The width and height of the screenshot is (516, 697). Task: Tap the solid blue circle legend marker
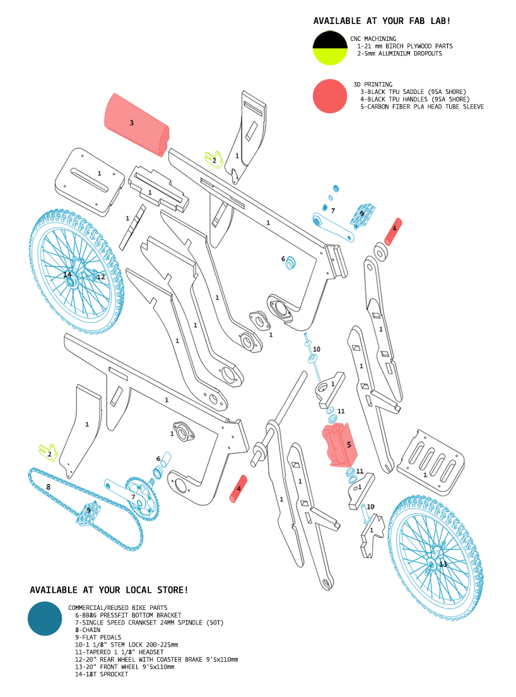point(45,618)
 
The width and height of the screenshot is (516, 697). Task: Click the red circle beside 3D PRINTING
point(331,97)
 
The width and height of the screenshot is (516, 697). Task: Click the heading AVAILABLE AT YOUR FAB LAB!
point(382,21)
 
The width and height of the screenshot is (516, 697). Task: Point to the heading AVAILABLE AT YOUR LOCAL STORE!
point(108,590)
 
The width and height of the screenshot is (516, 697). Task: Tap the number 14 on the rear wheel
point(67,274)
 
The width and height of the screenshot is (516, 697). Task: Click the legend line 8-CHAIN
point(88,630)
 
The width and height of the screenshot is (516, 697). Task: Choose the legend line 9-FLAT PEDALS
point(98,637)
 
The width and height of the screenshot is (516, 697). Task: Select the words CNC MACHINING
point(373,39)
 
